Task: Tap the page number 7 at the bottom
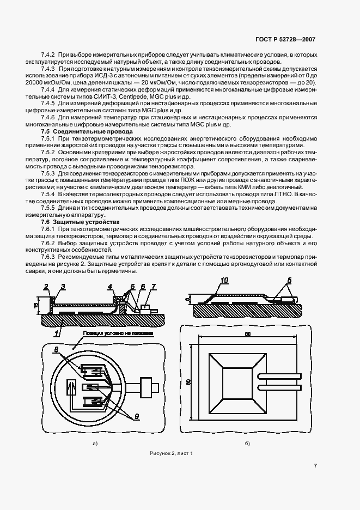[315, 465]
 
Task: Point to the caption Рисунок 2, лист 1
[171, 453]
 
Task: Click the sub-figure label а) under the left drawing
[95, 444]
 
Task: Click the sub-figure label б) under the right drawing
[247, 444]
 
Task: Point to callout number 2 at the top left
[46, 287]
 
